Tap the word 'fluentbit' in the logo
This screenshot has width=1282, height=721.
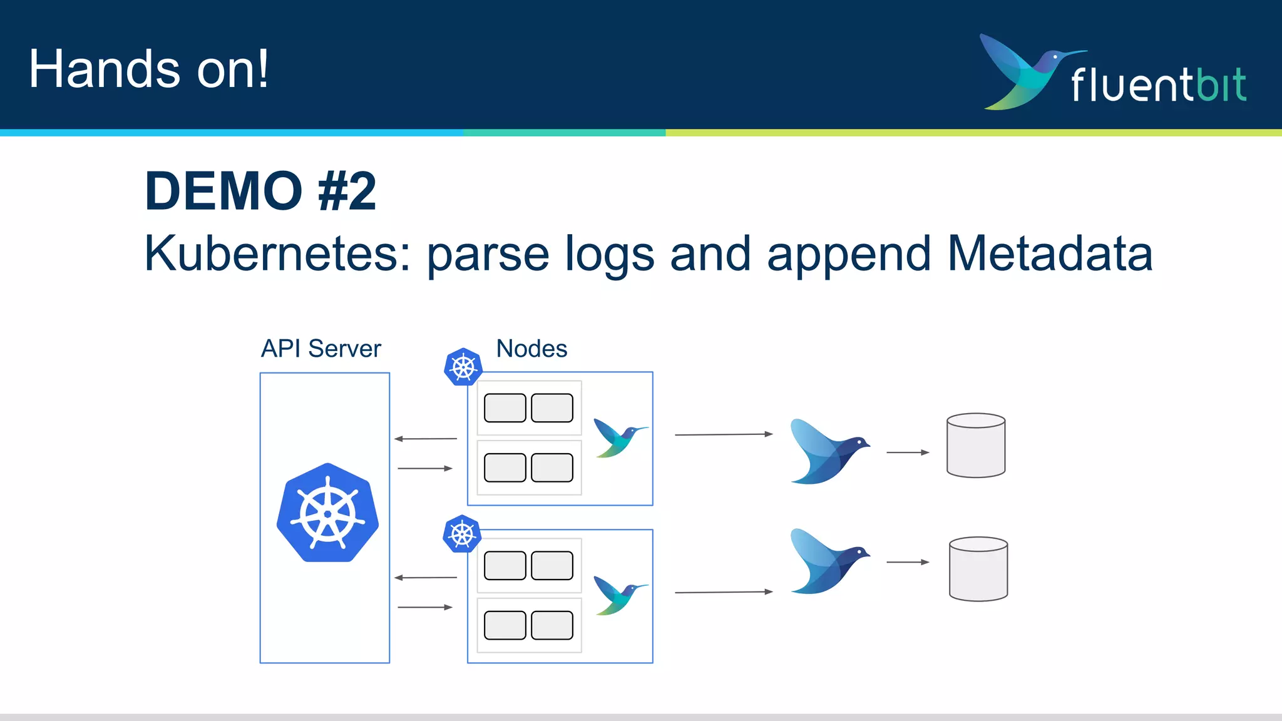tap(1158, 85)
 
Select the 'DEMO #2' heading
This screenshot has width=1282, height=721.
tap(260, 191)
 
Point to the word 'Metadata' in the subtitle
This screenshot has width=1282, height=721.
tap(1050, 253)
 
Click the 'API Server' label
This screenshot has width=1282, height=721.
tap(320, 349)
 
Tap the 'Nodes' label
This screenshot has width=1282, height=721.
tap(531, 349)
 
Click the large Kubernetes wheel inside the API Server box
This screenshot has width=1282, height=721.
tap(327, 513)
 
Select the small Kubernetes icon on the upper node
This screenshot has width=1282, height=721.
tap(463, 367)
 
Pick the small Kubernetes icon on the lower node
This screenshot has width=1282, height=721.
tap(462, 534)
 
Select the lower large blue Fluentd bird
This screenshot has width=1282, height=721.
tap(826, 561)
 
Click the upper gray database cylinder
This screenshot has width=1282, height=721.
tap(976, 446)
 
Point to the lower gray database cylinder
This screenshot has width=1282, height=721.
tap(978, 569)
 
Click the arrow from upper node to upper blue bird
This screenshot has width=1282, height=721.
tap(724, 434)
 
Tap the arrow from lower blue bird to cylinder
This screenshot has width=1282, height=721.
tap(908, 562)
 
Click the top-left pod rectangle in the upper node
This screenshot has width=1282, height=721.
tap(505, 408)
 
